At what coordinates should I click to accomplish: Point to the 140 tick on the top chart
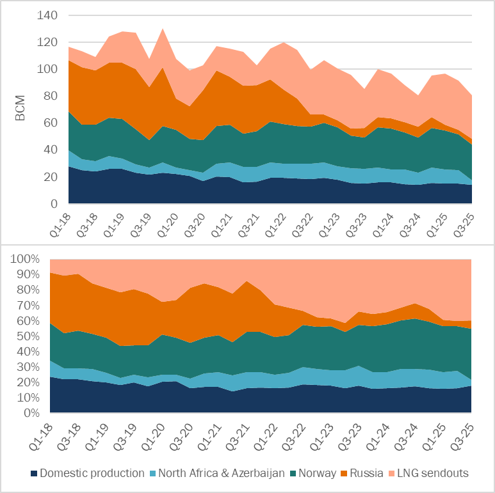pos(48,15)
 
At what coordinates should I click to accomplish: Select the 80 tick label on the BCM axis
pos(51,97)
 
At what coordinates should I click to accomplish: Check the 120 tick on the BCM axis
pos(48,42)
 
